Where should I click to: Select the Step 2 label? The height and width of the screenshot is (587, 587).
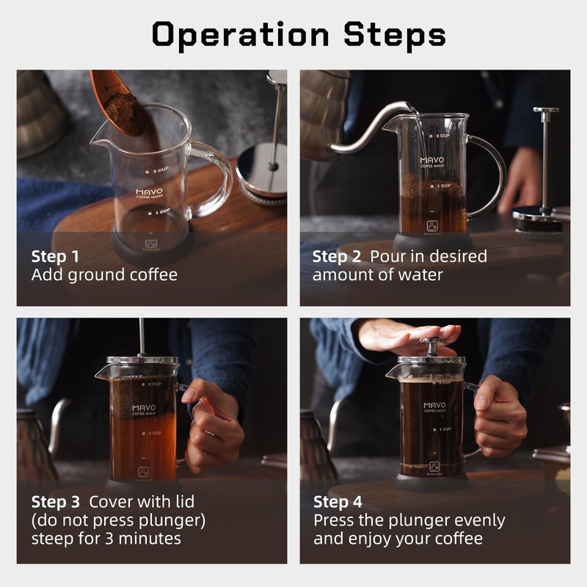click(338, 257)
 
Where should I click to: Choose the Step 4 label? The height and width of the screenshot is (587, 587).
click(338, 502)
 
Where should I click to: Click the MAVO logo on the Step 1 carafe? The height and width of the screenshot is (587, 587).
click(149, 193)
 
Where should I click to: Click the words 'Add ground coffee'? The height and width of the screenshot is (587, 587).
click(104, 275)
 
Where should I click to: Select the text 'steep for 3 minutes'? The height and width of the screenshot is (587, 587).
click(106, 538)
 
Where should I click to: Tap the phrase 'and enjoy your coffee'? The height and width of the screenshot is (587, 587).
click(398, 538)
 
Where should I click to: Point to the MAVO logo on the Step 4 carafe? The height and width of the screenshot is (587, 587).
click(434, 405)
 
